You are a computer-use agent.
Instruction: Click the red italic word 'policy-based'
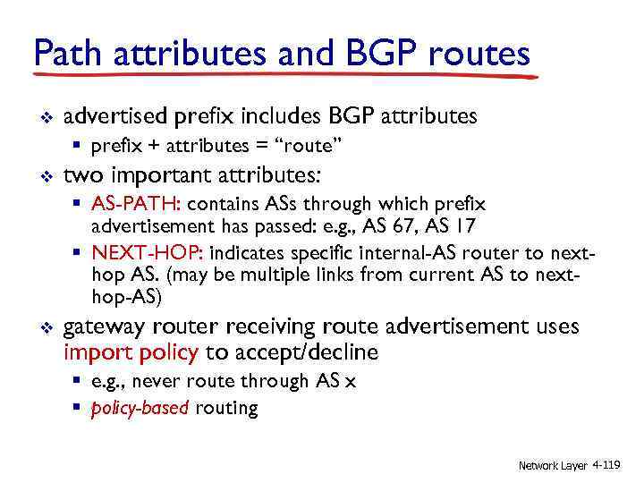click(x=140, y=409)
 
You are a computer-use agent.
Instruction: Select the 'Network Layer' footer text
click(x=553, y=465)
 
